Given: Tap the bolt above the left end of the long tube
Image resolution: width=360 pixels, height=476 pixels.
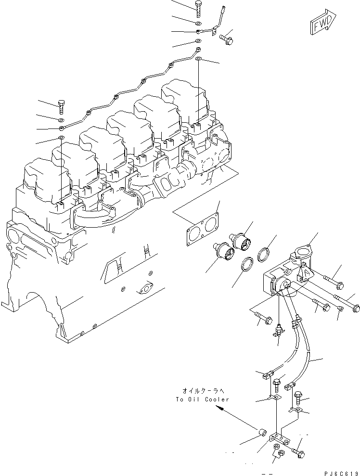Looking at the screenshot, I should click(61, 105).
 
